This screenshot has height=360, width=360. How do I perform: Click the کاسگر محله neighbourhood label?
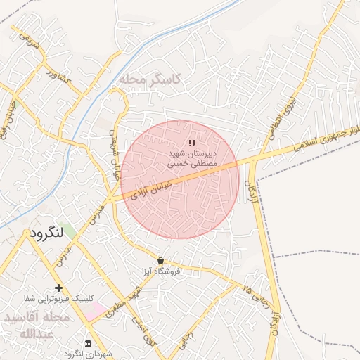150,79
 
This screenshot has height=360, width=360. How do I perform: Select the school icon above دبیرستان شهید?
192,143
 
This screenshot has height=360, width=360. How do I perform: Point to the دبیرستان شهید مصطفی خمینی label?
193,157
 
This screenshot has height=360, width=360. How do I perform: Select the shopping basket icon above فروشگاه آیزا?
160,260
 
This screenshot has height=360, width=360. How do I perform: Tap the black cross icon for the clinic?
58,288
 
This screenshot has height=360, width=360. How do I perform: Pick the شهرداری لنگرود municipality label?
87,354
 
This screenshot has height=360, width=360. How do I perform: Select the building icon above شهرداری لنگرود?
87,343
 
